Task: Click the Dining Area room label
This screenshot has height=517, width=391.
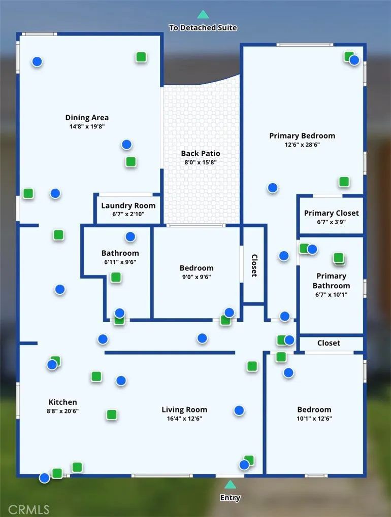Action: [x=87, y=118]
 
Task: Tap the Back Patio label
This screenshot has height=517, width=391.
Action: [x=201, y=153]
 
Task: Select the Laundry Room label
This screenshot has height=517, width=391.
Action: [x=128, y=205]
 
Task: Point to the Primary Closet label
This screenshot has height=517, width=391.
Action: [x=331, y=213]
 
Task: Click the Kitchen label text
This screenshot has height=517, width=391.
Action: [x=62, y=402]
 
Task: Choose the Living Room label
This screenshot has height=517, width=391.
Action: [x=184, y=409]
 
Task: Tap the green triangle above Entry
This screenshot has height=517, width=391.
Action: [x=230, y=485]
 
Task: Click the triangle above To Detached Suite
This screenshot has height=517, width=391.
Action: [x=203, y=15]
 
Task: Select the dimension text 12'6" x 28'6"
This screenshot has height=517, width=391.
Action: [x=302, y=145]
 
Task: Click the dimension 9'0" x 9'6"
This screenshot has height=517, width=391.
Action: [x=197, y=277]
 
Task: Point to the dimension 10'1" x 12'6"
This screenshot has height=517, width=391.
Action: [x=314, y=419]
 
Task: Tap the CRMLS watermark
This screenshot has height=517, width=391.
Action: [x=29, y=510]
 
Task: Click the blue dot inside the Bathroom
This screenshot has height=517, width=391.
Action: [x=131, y=237]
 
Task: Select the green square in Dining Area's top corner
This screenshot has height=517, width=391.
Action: [x=141, y=57]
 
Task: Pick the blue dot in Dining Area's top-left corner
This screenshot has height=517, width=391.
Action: [x=37, y=62]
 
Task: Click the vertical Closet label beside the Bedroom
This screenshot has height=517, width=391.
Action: [x=254, y=265]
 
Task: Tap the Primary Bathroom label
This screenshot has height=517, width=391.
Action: [x=331, y=281]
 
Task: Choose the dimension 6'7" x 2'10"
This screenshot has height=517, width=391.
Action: [x=128, y=214]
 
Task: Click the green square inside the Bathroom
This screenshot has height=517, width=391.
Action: [x=116, y=278]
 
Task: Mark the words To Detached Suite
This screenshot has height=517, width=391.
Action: [x=203, y=28]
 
